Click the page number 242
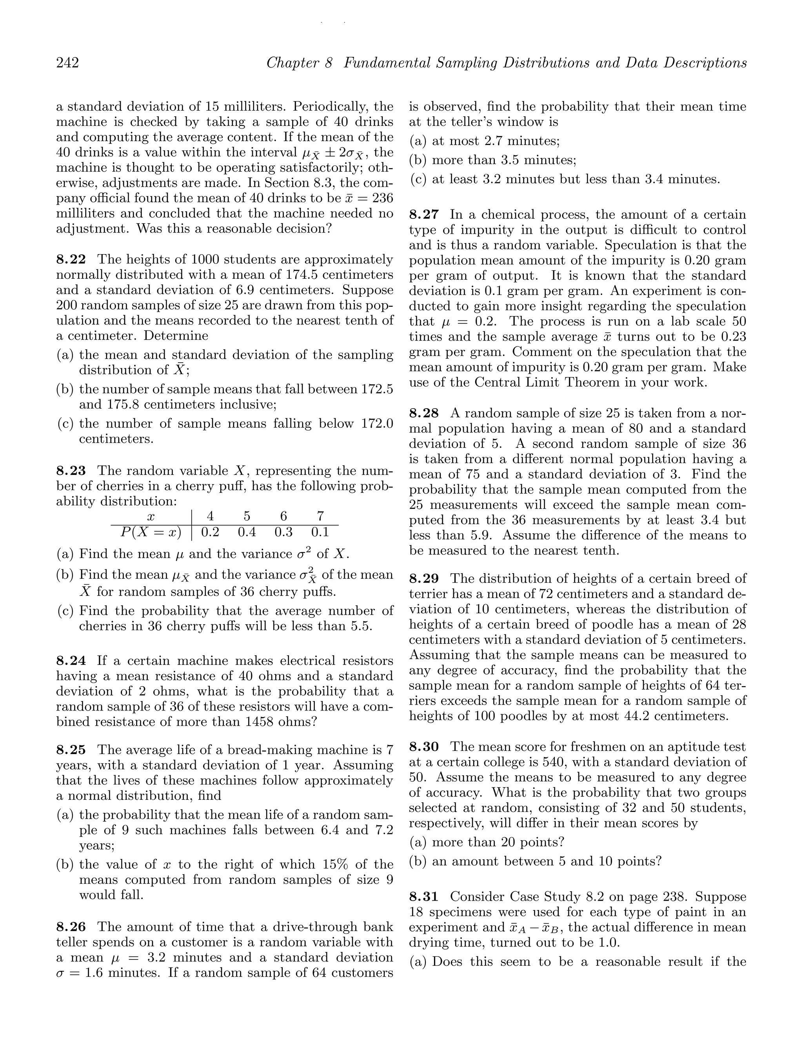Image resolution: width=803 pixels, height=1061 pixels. (x=68, y=63)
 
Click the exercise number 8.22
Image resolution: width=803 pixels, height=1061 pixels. (x=71, y=260)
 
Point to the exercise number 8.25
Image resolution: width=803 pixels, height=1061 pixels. (x=71, y=750)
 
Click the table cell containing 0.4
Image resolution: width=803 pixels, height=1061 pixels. (x=247, y=532)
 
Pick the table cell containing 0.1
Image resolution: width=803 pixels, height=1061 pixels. (x=320, y=532)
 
